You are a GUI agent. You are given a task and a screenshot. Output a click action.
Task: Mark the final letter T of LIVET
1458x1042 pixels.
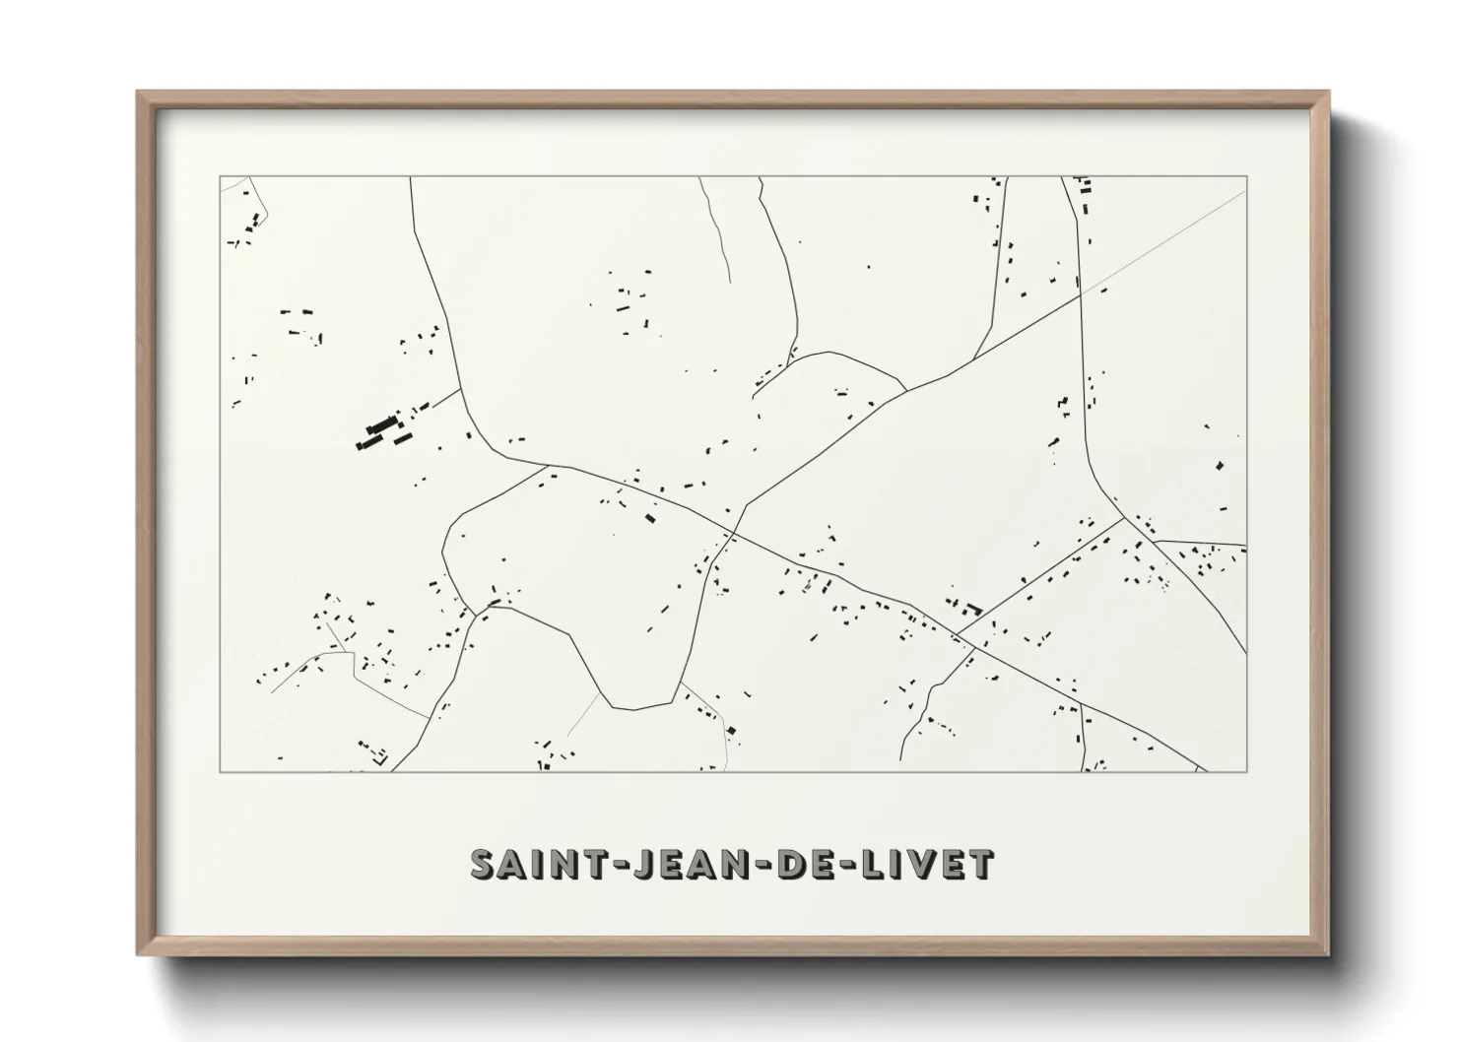tap(982, 864)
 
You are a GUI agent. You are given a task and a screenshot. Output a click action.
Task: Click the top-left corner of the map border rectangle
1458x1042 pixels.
tap(220, 177)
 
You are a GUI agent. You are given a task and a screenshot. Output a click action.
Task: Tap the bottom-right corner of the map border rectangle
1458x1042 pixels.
tap(1246, 771)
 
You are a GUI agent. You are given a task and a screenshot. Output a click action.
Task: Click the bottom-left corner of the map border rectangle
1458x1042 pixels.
tap(220, 771)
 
